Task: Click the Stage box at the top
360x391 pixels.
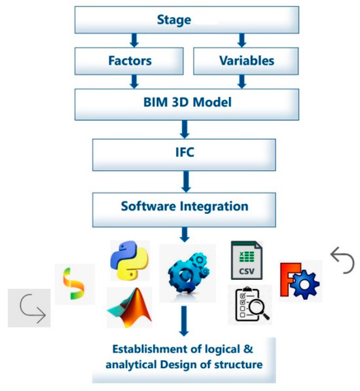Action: point(173,20)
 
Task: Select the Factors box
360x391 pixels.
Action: point(130,61)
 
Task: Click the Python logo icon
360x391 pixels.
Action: point(130,260)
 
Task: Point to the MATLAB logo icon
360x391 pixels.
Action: point(129,307)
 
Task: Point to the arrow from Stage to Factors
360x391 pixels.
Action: point(134,41)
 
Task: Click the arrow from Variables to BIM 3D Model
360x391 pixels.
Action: point(241,82)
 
